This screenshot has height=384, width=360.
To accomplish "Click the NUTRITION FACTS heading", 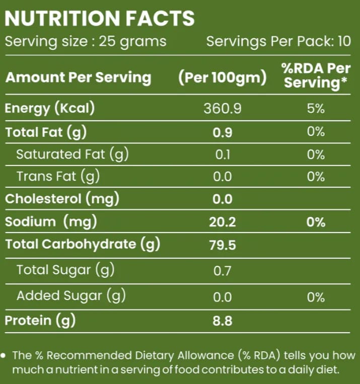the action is click(x=100, y=18).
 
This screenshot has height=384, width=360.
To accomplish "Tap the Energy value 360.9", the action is click(x=223, y=109).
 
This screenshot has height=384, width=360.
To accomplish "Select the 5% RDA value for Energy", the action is click(x=316, y=108).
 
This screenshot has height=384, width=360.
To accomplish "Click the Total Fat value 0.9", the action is click(x=223, y=132).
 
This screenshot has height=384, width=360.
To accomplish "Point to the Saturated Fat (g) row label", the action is click(x=73, y=155).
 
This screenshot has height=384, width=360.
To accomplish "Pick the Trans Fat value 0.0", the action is click(x=222, y=177).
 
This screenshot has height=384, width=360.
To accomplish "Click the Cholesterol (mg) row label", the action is click(x=62, y=199).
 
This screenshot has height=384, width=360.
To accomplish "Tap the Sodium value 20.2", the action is click(x=223, y=222).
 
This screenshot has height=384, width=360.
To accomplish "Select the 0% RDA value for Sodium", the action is click(x=316, y=222).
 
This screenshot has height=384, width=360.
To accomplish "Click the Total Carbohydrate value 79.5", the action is click(x=223, y=245).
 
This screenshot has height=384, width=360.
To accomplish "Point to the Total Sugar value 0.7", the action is click(x=222, y=271).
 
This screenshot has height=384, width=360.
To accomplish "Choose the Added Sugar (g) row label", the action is click(x=71, y=295).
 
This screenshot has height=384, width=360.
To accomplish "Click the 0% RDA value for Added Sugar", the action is click(x=316, y=297).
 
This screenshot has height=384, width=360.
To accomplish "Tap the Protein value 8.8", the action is click(x=223, y=321).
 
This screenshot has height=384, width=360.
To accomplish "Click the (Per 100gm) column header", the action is click(x=223, y=78).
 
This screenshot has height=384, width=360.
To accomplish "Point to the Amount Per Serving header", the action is click(x=78, y=78).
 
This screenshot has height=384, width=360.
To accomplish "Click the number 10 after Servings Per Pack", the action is click(x=344, y=41).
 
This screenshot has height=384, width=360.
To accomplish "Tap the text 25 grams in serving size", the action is click(x=132, y=42).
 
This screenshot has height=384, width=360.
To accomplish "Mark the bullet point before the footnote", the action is click(x=3, y=356).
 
